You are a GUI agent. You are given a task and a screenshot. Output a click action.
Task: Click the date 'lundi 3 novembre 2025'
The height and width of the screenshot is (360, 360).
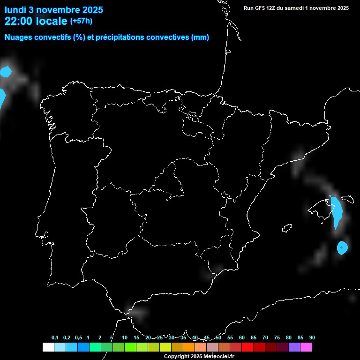[x=54, y=10]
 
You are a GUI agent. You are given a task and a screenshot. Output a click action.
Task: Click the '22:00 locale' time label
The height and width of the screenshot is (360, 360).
[x=36, y=21]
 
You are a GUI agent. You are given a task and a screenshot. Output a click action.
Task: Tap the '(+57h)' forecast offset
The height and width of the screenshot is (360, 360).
[x=81, y=21]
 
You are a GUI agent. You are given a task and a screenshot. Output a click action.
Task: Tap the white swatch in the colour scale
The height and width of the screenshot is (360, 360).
[x=48, y=347]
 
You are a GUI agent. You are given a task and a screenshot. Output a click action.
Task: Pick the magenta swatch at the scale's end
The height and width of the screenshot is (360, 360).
[x=306, y=347]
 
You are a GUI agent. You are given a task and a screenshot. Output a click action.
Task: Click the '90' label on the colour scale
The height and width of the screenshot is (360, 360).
[x=312, y=338]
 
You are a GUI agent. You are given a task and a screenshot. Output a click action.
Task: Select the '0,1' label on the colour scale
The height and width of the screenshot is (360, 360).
[x=55, y=338]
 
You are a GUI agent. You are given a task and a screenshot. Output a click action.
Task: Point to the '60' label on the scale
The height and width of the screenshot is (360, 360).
[x=242, y=338]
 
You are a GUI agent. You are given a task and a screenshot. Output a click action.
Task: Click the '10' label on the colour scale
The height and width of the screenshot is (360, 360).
[x=125, y=338]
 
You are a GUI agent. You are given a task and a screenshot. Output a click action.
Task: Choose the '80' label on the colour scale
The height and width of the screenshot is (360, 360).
[x=289, y=338]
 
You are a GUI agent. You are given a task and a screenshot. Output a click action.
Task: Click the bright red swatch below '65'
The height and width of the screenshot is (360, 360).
[x=247, y=347]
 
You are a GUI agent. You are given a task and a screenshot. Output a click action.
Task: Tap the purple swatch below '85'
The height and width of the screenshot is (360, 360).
[x=294, y=347]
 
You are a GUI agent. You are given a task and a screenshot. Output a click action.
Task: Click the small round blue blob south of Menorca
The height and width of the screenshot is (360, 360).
[x=343, y=247]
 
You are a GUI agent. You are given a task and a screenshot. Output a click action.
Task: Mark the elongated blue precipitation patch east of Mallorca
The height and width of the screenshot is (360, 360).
[x=336, y=211]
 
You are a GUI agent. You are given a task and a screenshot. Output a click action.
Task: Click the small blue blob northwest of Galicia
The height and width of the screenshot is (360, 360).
[x=6, y=72]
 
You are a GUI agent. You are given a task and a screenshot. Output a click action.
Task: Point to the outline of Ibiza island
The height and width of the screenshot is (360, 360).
[x=287, y=228]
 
